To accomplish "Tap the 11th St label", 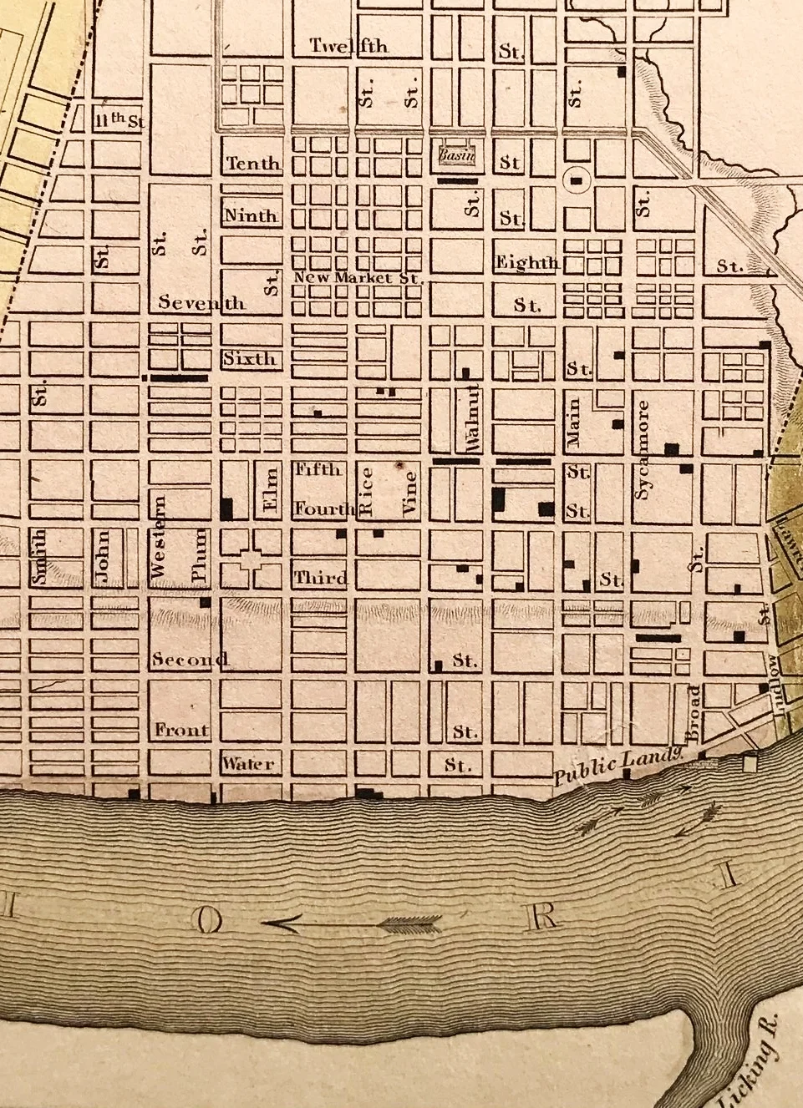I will click(118, 121).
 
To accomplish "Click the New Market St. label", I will click(358, 277).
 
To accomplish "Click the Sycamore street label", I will click(642, 450).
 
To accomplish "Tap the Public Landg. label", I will click(618, 766).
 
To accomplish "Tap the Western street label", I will click(160, 538).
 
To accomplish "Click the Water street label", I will click(248, 763).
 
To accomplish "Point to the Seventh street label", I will click(202, 302).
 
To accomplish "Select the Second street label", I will click(191, 659).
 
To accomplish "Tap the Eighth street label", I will click(526, 263).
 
